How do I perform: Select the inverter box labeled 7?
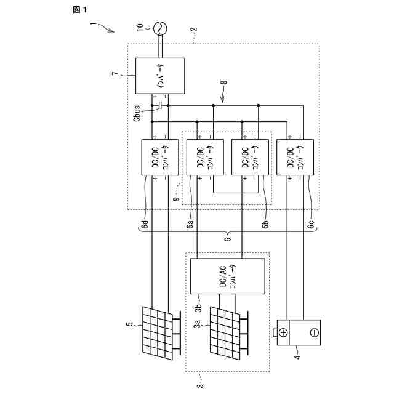(159, 75)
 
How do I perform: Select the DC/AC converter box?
(228, 276)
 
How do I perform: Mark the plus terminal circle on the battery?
(284, 333)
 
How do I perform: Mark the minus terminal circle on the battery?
(313, 333)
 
